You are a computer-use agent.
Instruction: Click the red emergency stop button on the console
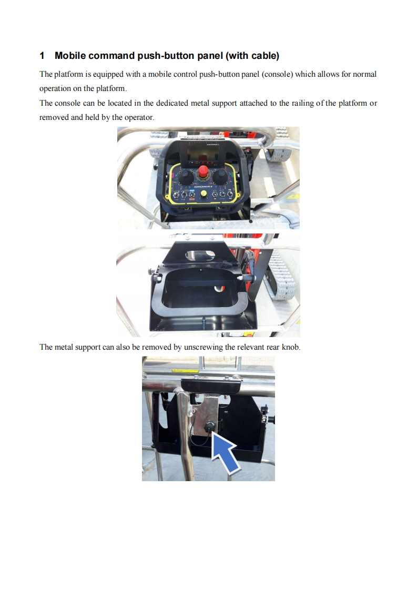click(x=203, y=171)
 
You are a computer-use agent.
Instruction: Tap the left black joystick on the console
click(x=185, y=176)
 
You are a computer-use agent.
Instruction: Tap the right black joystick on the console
click(x=220, y=176)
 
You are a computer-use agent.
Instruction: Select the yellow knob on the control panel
click(x=203, y=193)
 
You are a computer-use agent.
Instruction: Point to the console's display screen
click(x=203, y=155)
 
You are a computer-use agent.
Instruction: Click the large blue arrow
click(x=225, y=452)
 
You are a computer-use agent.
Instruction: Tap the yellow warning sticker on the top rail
click(x=186, y=371)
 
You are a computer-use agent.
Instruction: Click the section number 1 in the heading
click(x=42, y=56)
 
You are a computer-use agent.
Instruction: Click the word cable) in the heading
click(x=266, y=56)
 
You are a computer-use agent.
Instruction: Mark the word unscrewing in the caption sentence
click(x=203, y=347)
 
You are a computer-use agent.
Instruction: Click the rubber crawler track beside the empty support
click(x=282, y=277)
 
